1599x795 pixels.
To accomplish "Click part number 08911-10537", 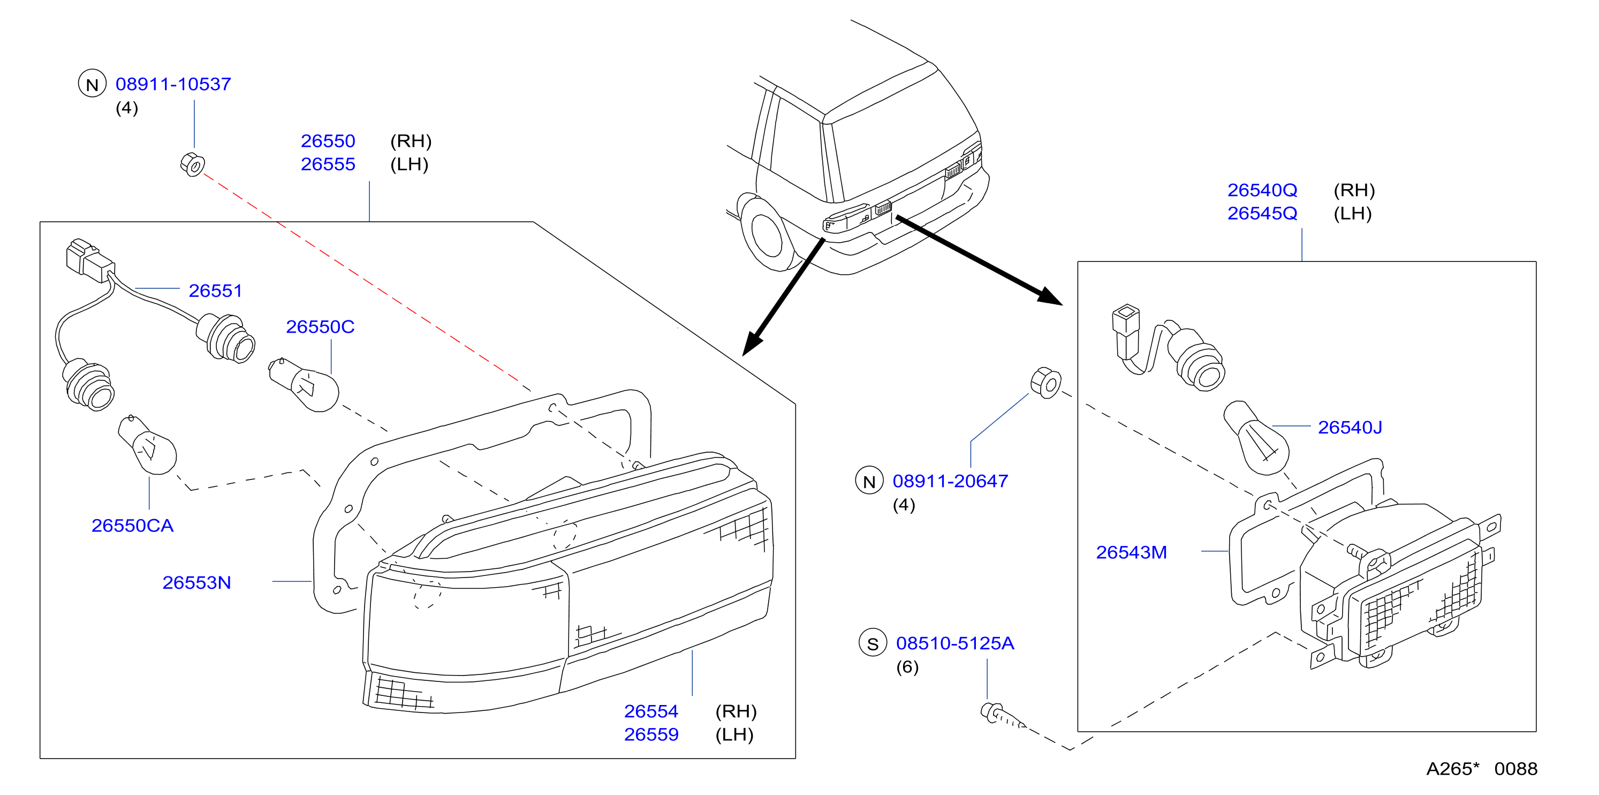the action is pos(173,84).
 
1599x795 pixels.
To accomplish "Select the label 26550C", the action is pos(320,327).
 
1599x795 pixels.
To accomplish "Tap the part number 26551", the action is pos(215,291).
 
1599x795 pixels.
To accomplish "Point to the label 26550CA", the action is pos(132,526).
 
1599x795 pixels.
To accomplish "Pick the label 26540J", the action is pos(1350,427).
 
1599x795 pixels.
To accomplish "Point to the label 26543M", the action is pos(1131,552).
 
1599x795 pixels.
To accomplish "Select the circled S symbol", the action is pos(873,643).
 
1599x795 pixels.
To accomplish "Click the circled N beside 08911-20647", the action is pos(869,481).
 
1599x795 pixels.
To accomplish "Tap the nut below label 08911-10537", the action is pos(192,164).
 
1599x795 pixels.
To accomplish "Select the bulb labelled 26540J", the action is pos(1256,438).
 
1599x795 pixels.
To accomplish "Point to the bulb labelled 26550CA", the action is pos(148,445).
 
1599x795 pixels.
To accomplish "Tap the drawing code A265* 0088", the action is pos(1481,769).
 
